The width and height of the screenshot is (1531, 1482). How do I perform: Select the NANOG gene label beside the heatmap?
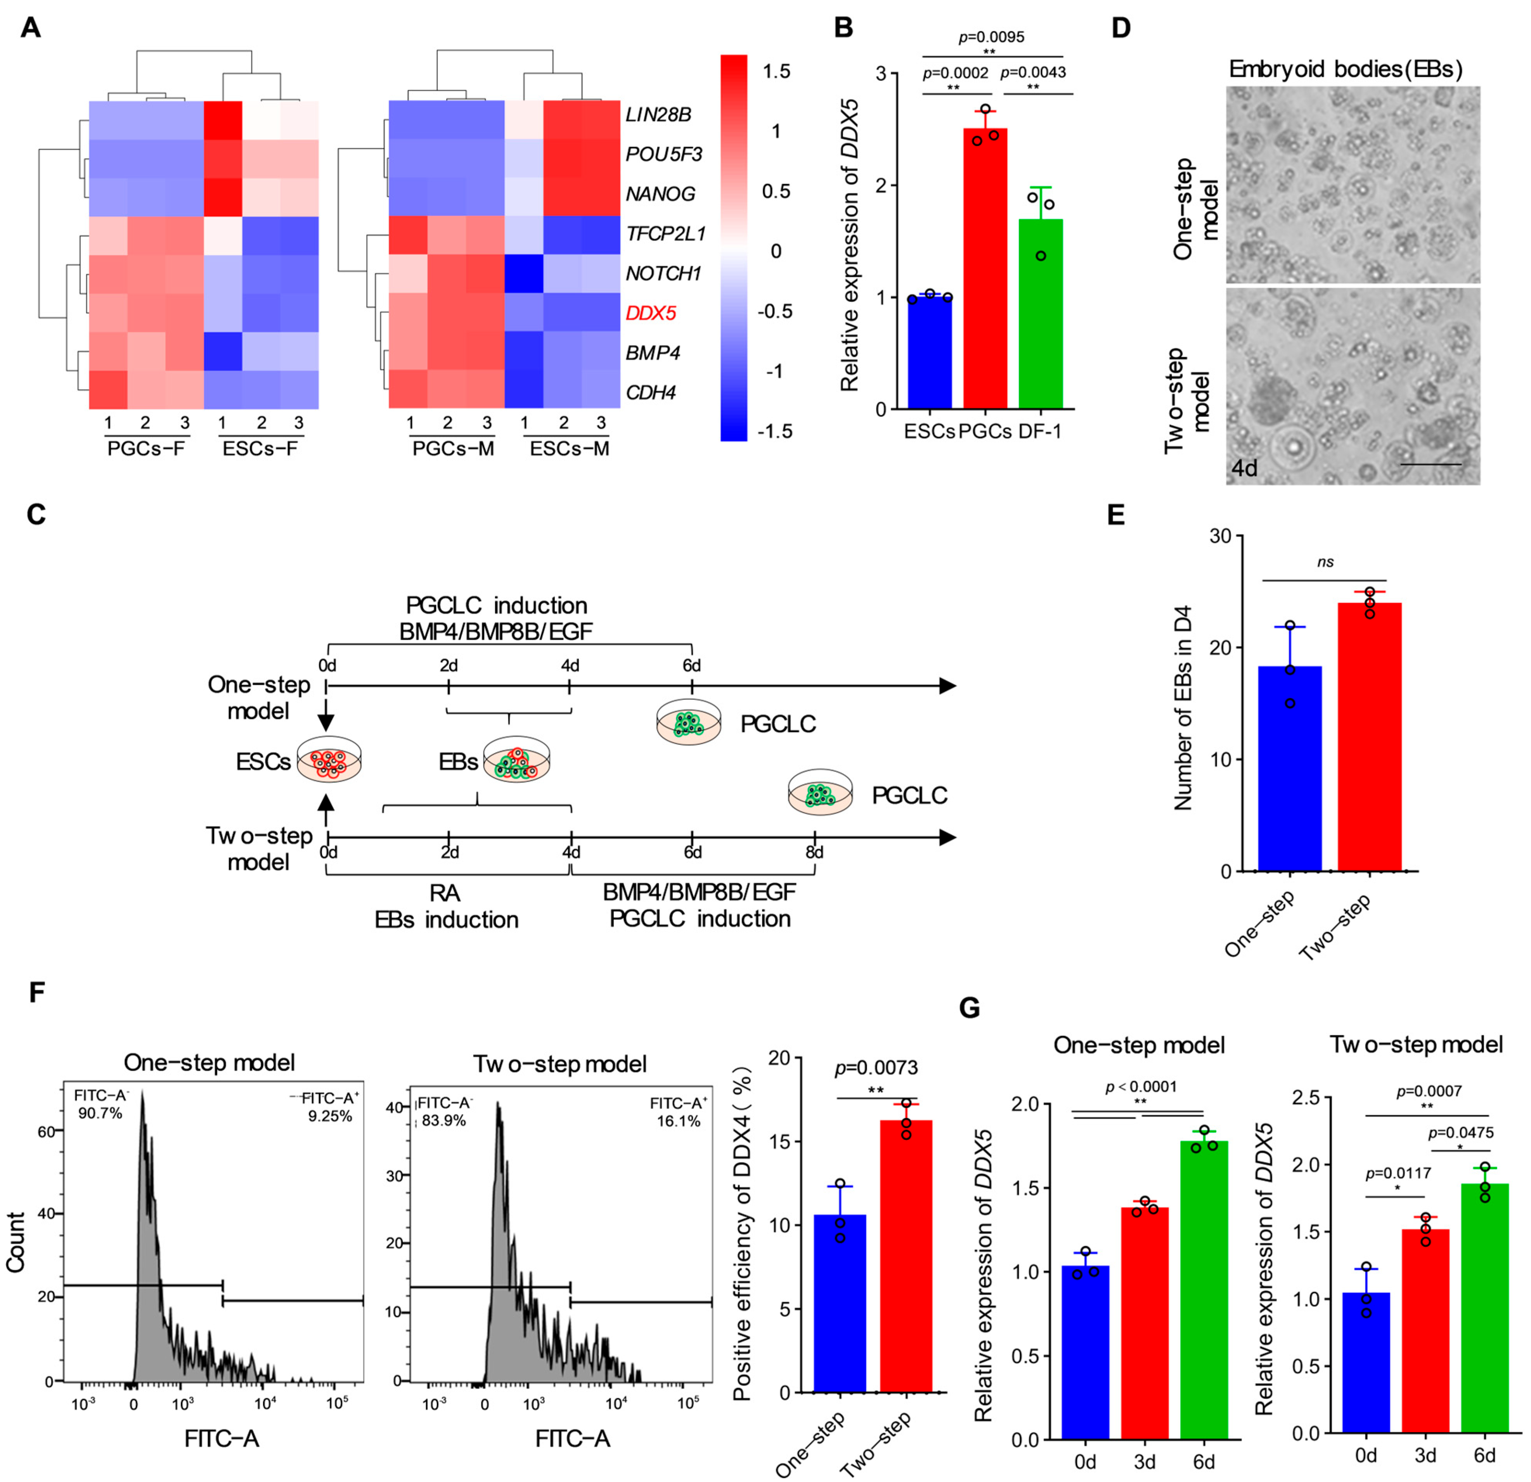point(660,193)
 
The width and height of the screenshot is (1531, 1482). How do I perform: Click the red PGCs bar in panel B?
point(985,269)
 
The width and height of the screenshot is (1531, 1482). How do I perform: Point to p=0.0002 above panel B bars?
point(955,73)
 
